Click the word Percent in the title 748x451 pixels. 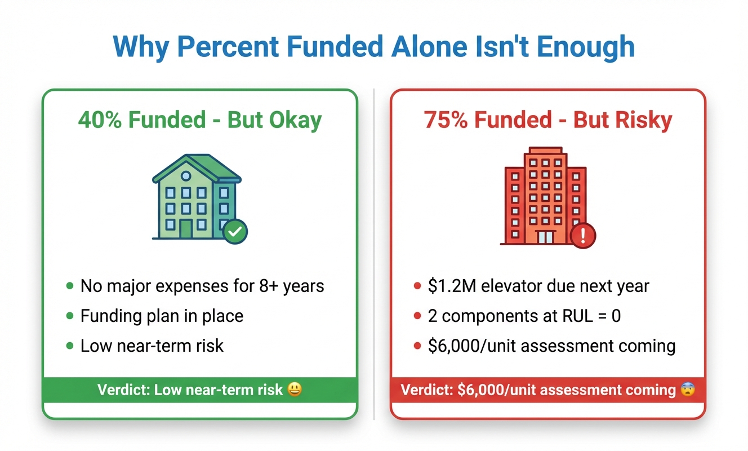[228, 46]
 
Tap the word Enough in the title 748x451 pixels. [586, 47]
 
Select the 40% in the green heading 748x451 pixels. [100, 120]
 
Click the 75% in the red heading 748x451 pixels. [446, 120]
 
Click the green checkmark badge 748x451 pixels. [235, 231]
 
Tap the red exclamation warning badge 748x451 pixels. [583, 236]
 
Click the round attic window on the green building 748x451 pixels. [186, 176]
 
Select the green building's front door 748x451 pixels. [186, 229]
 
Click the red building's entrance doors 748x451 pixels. [546, 237]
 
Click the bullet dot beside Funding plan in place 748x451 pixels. [70, 316]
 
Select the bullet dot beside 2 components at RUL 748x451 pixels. [417, 316]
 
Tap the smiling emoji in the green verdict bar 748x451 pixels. [295, 389]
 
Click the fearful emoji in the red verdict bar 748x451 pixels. [688, 389]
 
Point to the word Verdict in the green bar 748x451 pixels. [123, 390]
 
